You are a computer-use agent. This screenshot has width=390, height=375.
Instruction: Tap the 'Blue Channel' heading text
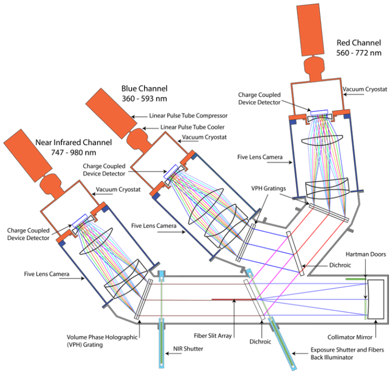(x=144, y=88)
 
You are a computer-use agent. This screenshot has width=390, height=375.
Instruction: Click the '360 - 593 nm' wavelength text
(x=144, y=99)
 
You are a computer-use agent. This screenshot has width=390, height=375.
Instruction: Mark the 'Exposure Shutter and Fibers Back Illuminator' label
(x=339, y=354)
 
